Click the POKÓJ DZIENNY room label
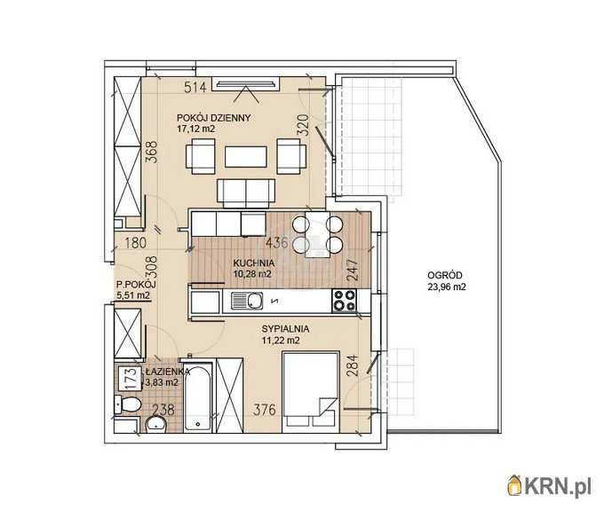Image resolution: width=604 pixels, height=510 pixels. (213, 118)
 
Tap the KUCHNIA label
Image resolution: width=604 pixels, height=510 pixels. (253, 263)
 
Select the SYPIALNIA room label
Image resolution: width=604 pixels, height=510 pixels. (285, 329)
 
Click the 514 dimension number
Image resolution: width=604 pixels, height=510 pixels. (195, 87)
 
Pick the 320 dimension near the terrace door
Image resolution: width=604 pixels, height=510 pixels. (304, 124)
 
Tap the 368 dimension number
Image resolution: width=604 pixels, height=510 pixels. (152, 152)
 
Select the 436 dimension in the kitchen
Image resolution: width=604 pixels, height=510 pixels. (277, 243)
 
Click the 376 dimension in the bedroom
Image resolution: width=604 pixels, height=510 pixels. (265, 410)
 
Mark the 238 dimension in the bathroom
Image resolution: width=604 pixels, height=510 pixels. (163, 410)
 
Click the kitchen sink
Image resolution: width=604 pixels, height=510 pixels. (247, 301)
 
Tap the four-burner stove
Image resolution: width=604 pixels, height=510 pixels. (345, 301)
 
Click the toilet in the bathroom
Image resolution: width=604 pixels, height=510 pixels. (128, 404)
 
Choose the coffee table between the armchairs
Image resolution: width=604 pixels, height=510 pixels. (246, 156)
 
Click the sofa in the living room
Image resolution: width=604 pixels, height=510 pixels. (246, 193)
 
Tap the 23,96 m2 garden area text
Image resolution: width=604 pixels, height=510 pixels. (447, 286)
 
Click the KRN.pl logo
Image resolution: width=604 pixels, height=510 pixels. (549, 486)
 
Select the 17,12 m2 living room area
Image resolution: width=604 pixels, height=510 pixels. (195, 129)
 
